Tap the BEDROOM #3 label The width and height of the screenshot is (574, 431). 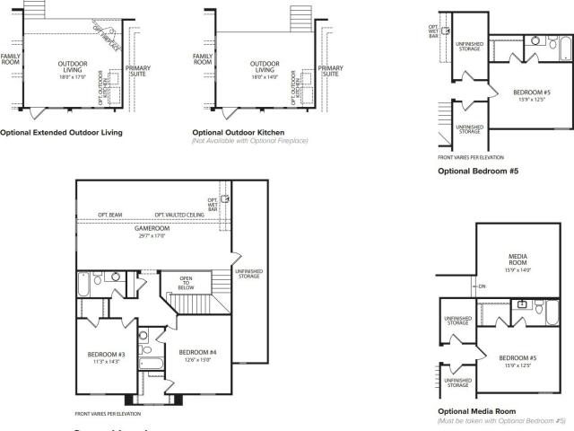click(105, 356)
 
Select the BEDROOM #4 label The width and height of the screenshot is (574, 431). click(193, 352)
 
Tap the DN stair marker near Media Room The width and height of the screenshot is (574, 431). click(482, 286)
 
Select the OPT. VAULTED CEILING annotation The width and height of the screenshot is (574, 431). click(178, 215)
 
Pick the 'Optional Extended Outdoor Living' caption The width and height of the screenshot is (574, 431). click(61, 132)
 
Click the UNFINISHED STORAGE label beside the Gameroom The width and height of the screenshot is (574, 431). click(248, 273)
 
